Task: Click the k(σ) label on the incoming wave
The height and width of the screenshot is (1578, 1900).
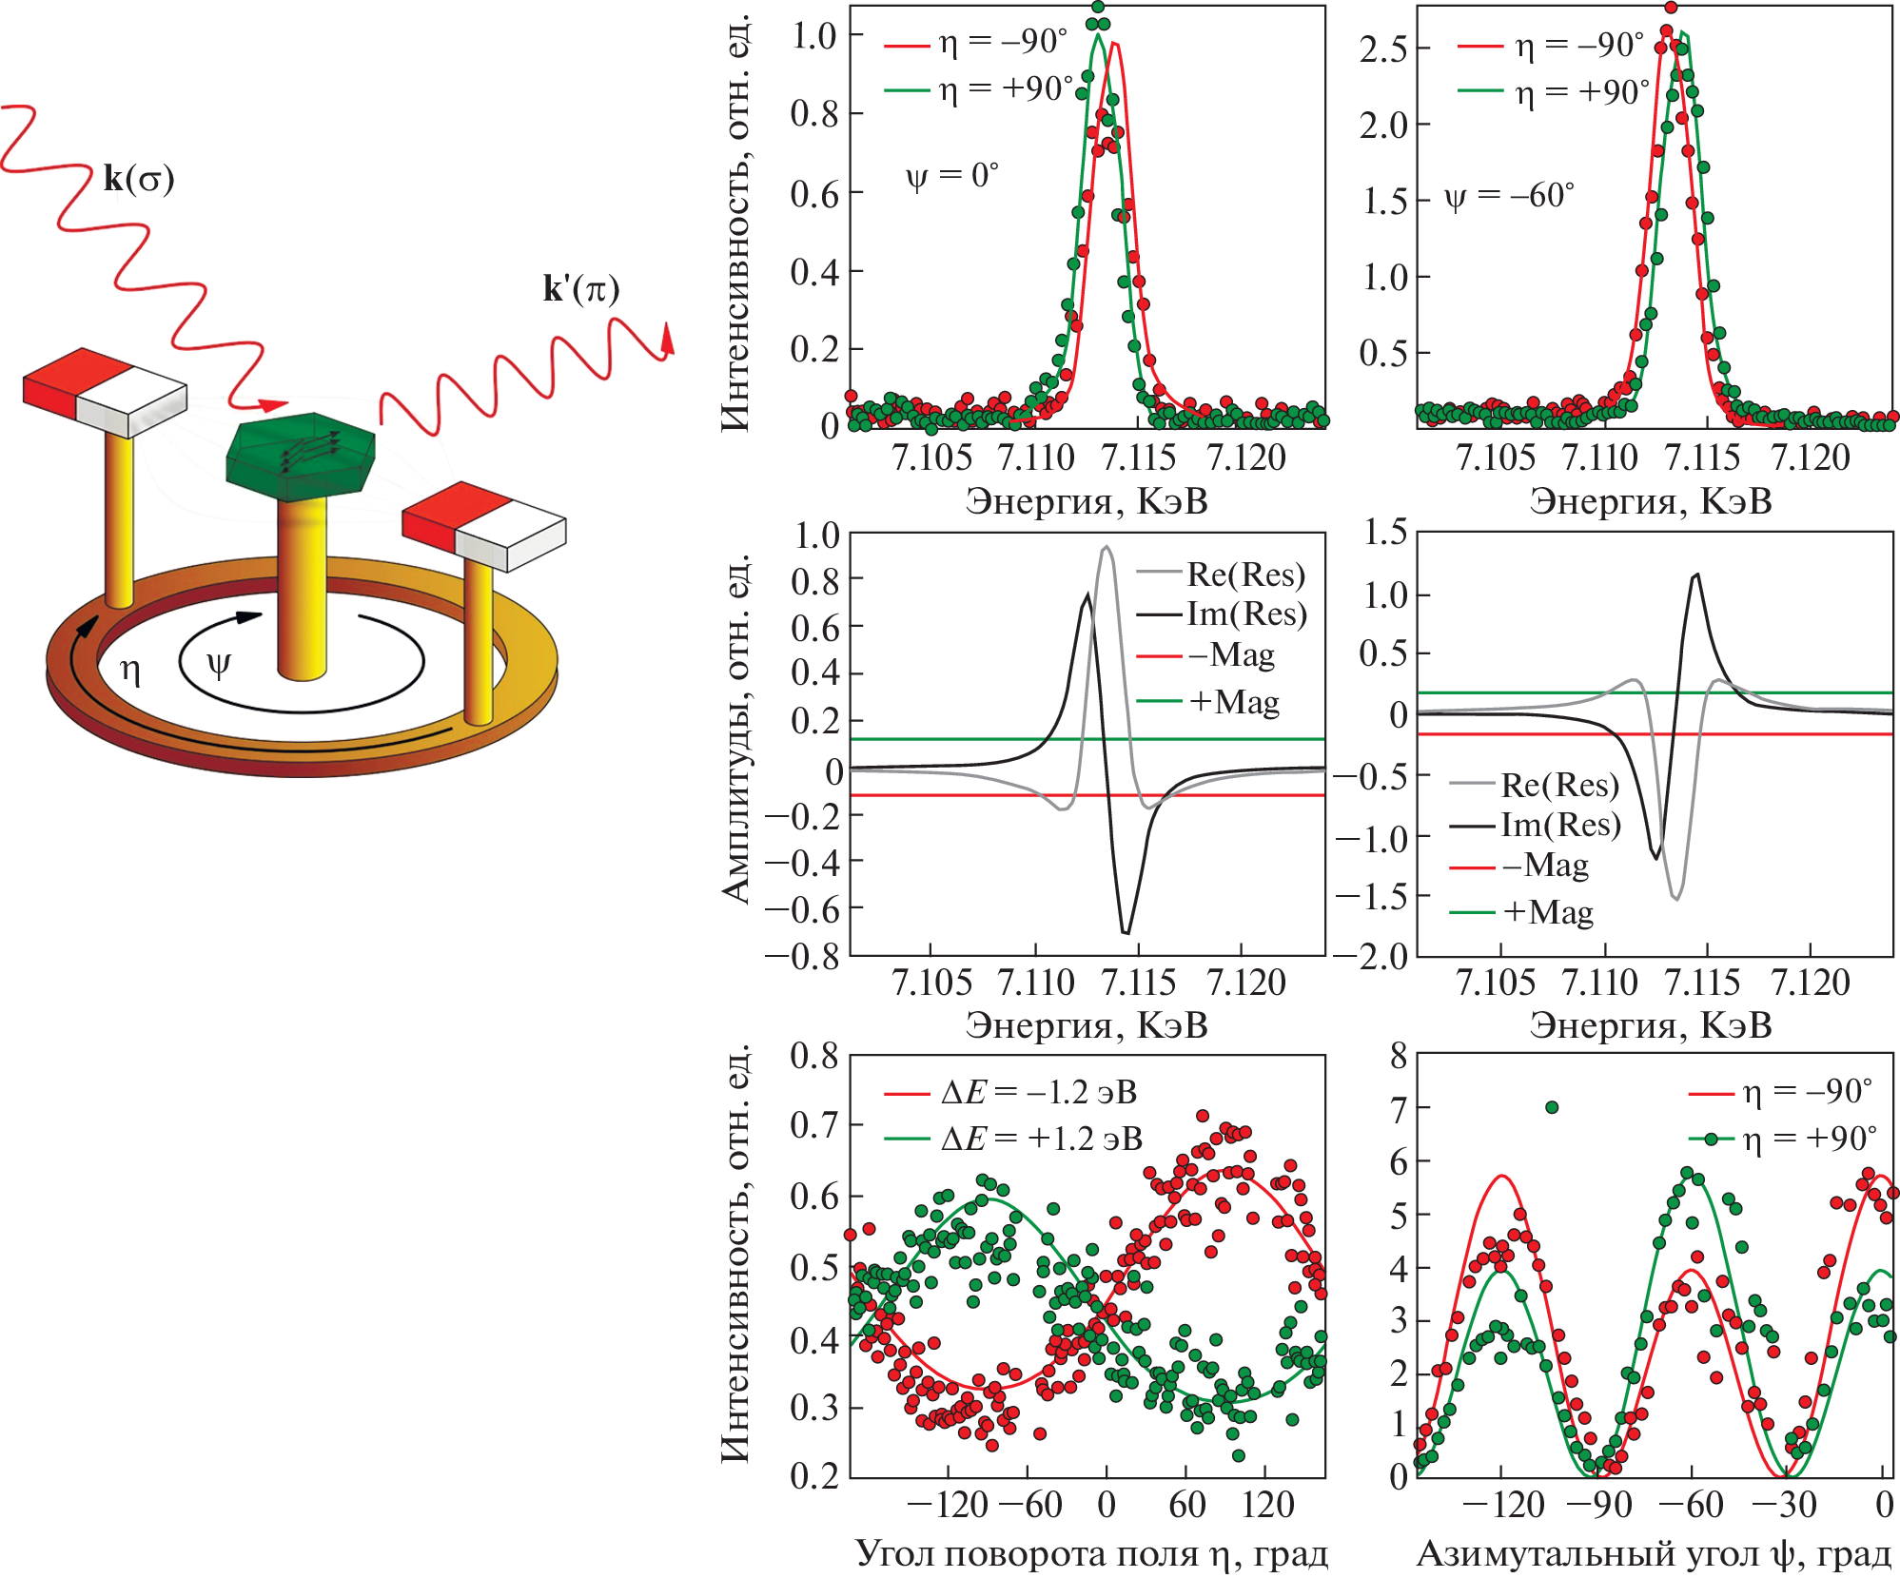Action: [x=139, y=179]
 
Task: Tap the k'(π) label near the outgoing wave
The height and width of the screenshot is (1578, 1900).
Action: [x=580, y=288]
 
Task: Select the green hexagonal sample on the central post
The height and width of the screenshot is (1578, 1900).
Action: [x=301, y=456]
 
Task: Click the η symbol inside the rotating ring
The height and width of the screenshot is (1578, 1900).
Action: [x=130, y=672]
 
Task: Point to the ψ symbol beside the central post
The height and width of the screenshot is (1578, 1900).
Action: [x=219, y=664]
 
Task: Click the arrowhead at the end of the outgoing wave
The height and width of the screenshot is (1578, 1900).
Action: [x=668, y=340]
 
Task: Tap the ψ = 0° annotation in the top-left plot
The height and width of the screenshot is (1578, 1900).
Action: [x=951, y=176]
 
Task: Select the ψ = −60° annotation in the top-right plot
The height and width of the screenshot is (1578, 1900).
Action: [x=1509, y=196]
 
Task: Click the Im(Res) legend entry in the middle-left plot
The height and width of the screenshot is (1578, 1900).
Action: [x=1246, y=614]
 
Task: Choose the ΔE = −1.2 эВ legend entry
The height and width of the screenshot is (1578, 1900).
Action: [x=1038, y=1092]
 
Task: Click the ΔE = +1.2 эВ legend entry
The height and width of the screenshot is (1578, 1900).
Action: [x=1041, y=1139]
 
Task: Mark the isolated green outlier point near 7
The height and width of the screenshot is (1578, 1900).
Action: [x=1552, y=1107]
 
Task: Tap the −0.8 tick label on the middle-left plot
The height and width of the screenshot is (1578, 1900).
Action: [x=804, y=955]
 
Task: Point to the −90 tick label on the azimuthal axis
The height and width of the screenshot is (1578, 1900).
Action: [x=1598, y=1505]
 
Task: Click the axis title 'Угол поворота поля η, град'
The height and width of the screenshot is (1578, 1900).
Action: [x=1091, y=1553]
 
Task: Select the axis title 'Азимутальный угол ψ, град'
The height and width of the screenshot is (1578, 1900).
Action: [x=1654, y=1553]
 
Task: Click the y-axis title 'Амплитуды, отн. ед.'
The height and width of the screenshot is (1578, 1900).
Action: [x=735, y=728]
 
